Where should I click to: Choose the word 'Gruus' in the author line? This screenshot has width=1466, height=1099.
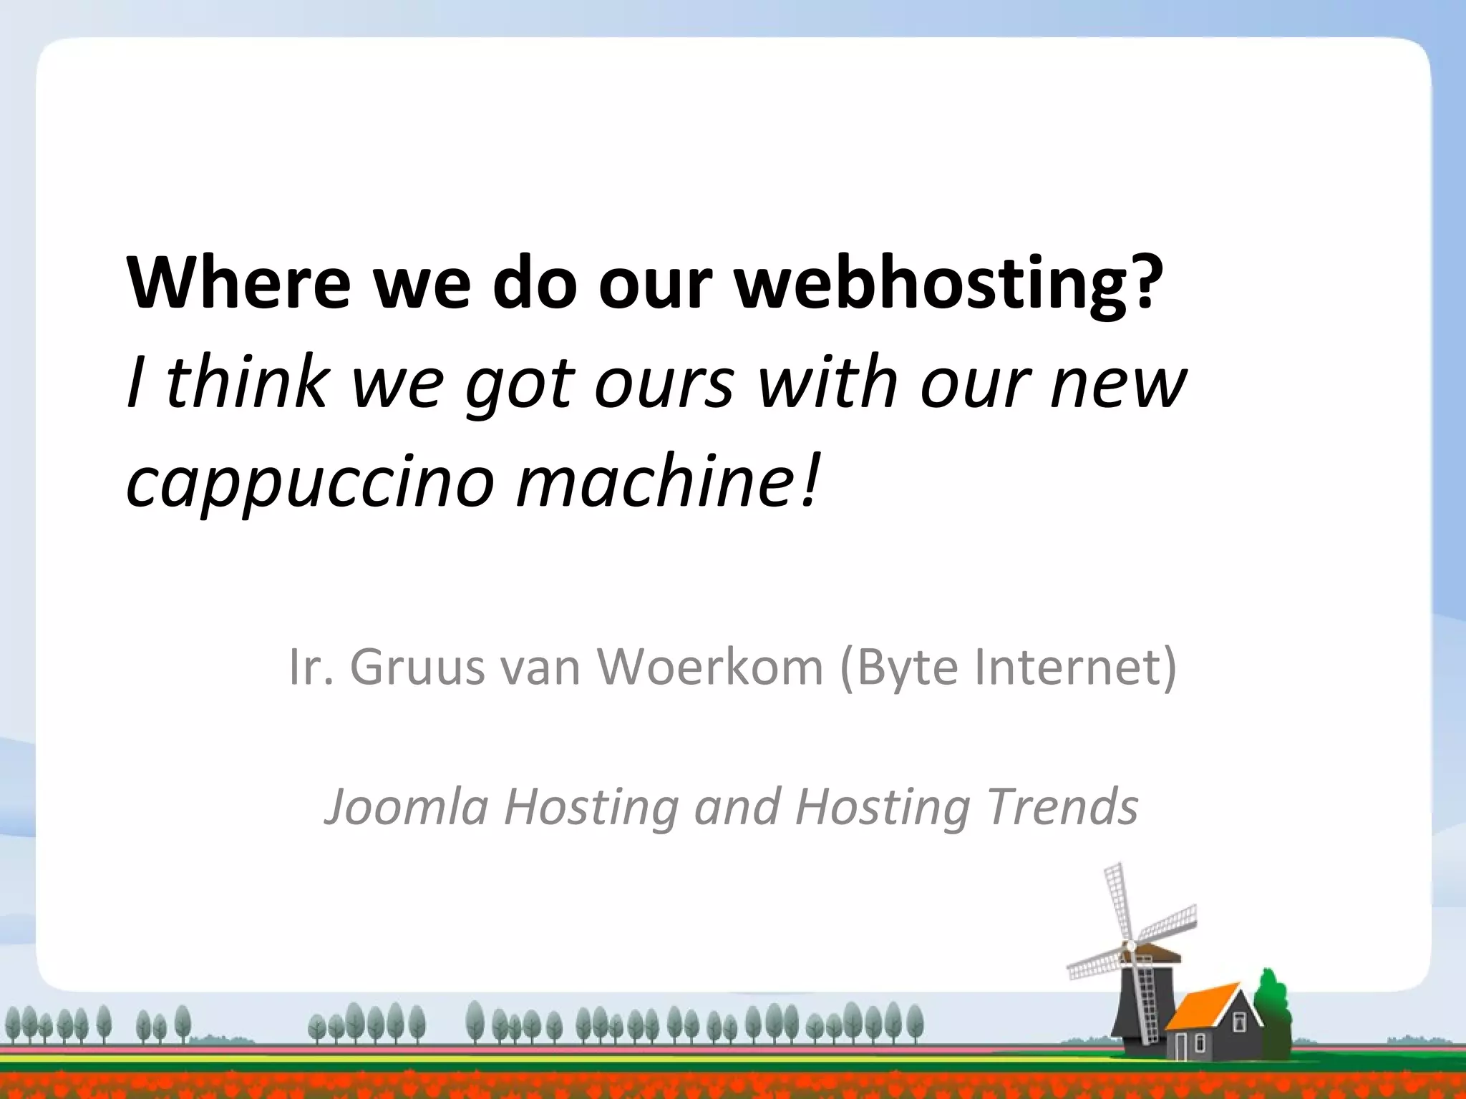pyautogui.click(x=417, y=667)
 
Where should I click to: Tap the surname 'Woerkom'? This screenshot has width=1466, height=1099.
pyautogui.click(x=710, y=667)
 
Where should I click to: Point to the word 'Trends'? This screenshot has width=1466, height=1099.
pyautogui.click(x=1062, y=806)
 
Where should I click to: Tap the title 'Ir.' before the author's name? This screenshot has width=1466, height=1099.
pyautogui.click(x=309, y=667)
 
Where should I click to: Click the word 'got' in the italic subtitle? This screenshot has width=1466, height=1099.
pyautogui.click(x=519, y=385)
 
